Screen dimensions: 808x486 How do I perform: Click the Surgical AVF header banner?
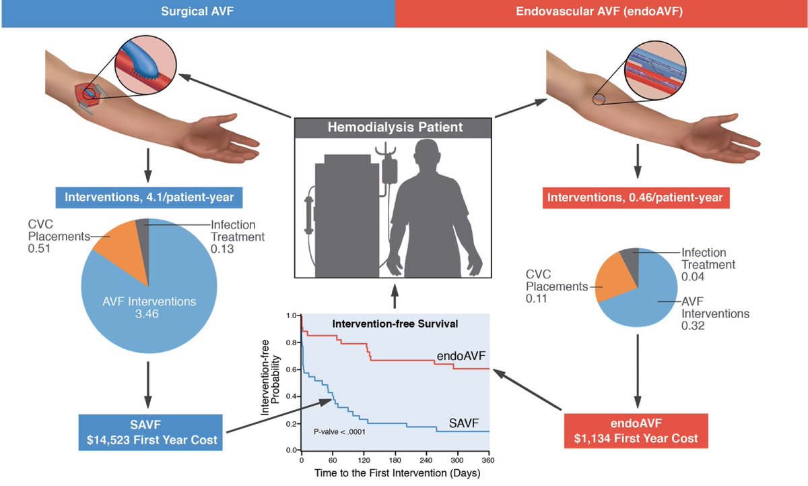point(197,13)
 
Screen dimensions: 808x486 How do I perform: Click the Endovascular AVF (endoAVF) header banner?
point(601,13)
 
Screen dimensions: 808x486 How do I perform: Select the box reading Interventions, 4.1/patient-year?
point(150,198)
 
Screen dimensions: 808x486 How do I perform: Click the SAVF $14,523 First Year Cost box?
point(150,433)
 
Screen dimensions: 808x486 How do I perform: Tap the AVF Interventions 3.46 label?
point(150,308)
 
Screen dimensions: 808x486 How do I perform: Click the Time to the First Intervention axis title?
point(395,473)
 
